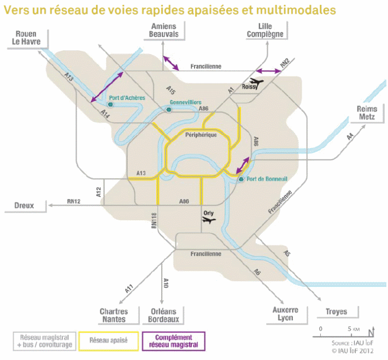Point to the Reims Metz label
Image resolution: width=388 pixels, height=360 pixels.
tap(367, 113)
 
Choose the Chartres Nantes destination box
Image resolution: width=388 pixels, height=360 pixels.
tap(114, 315)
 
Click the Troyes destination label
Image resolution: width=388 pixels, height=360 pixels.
tap(336, 312)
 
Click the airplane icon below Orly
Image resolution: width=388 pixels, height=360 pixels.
tap(208, 220)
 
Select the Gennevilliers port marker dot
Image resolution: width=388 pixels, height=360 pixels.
tap(169, 110)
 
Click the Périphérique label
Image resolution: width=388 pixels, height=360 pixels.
tap(201, 134)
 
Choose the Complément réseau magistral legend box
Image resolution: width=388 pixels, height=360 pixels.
tap(173, 341)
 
